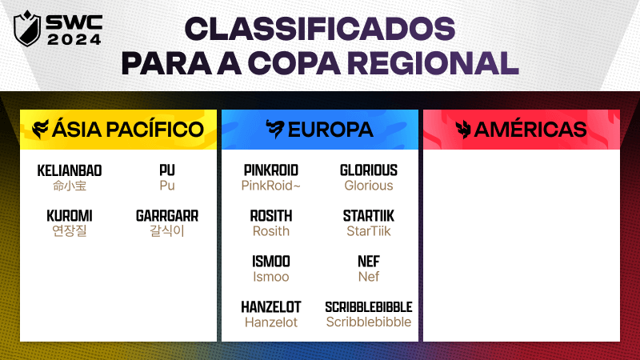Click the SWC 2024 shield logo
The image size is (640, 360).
coord(27,29)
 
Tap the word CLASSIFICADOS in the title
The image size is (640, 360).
coord(319,29)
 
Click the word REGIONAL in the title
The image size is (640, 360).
coord(433,63)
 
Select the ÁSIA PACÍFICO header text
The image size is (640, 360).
coord(128,129)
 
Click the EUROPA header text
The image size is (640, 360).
coord(330,130)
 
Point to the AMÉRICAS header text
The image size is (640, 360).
coord(530,130)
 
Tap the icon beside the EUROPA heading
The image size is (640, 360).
coord(274,129)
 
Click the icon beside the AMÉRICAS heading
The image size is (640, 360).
coord(463,130)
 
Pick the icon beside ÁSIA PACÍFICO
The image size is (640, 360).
coord(41,130)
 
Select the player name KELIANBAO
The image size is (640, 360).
coord(70,170)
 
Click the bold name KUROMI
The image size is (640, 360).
coord(70,216)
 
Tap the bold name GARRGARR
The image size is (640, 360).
coord(167,216)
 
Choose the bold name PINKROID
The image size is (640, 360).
coord(271,170)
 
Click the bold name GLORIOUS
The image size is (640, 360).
coord(369,170)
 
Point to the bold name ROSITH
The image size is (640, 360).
coord(271,216)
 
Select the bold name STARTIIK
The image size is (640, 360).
coord(369,216)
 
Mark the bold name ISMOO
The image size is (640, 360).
coord(271,262)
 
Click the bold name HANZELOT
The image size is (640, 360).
coord(271,307)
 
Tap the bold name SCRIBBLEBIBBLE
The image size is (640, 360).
coord(369,307)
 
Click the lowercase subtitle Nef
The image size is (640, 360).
coord(369,277)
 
